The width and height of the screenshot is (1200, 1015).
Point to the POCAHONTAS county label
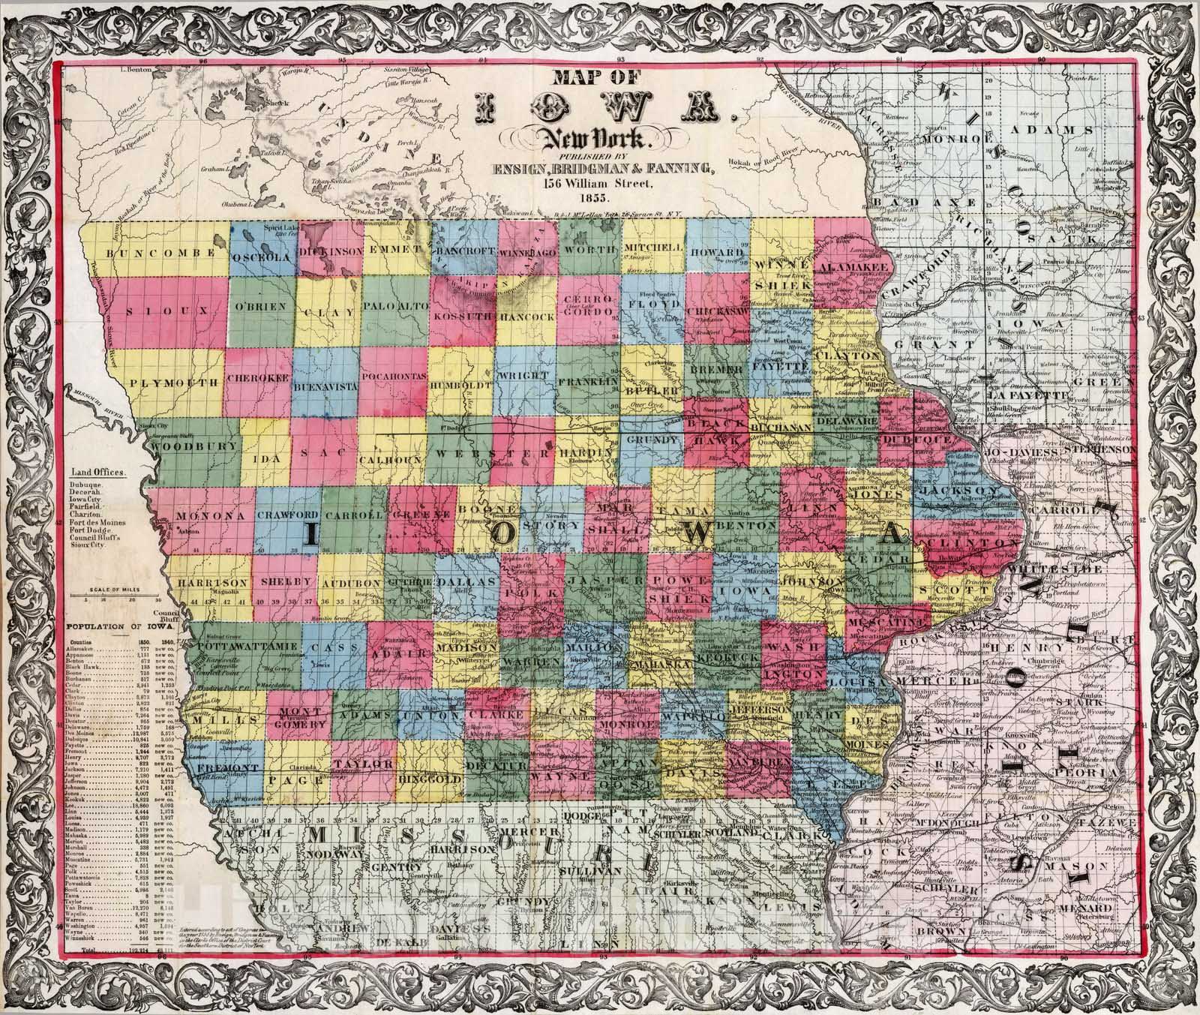[394, 375]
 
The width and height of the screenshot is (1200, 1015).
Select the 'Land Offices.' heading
[98, 473]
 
